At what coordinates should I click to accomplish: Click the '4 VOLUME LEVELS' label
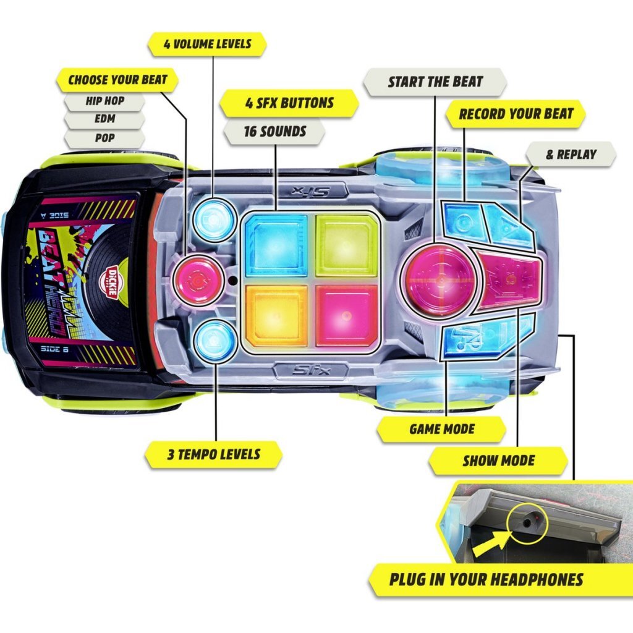[x=207, y=45]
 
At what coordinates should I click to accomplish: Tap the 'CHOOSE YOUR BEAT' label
[x=117, y=80]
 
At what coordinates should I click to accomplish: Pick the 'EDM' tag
[x=104, y=119]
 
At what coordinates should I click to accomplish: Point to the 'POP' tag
[x=104, y=137]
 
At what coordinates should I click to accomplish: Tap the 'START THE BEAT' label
[x=435, y=82]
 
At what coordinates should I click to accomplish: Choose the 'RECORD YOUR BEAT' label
[x=516, y=114]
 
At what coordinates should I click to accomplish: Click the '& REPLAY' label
[x=571, y=154]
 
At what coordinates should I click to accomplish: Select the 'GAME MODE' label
[x=441, y=429]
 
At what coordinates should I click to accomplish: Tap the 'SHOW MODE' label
[x=498, y=461]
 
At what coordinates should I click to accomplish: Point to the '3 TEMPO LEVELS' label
[x=213, y=454]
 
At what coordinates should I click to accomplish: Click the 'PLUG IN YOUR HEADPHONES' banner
[x=486, y=579]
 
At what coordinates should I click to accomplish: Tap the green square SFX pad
[x=347, y=245]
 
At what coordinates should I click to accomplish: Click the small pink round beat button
[x=197, y=279]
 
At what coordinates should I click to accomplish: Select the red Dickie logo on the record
[x=111, y=282]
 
